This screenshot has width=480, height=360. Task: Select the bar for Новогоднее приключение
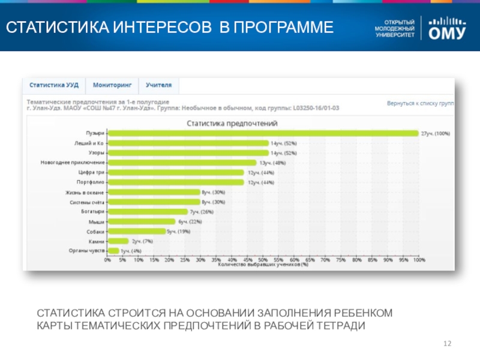[182, 163]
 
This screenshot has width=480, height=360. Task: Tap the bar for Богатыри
[148, 212]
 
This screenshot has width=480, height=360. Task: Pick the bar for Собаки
[137, 231]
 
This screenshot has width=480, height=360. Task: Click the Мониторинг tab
[112, 86]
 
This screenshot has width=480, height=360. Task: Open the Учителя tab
[158, 86]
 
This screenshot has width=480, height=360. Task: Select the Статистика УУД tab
[54, 86]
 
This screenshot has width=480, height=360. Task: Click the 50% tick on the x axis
[263, 260]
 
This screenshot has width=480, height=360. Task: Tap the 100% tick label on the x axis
[418, 260]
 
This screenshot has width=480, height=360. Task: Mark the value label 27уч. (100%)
[435, 133]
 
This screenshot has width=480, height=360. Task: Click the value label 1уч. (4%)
[131, 251]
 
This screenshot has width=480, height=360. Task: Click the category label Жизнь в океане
[85, 192]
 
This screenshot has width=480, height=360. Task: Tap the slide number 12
[446, 343]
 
